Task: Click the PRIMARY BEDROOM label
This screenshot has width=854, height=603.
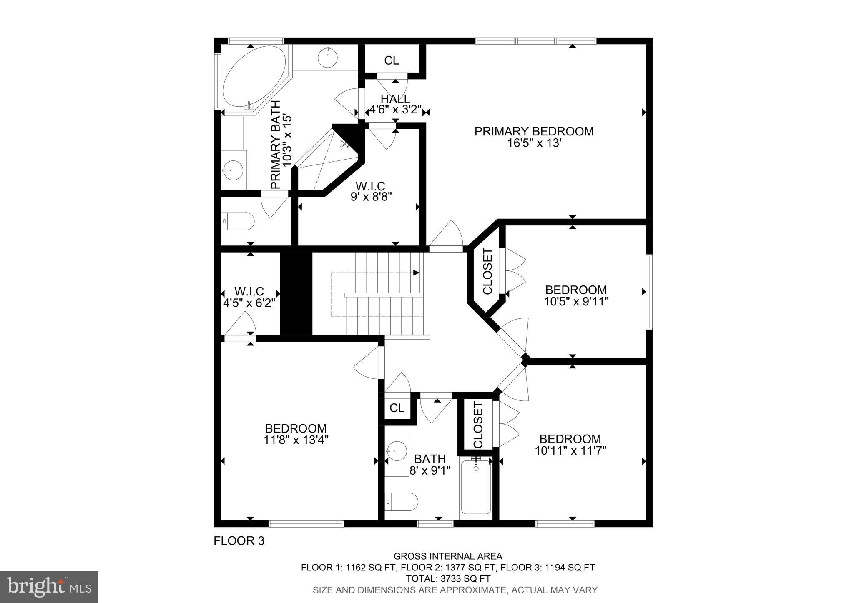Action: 534,131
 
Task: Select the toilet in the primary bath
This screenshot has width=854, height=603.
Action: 238,222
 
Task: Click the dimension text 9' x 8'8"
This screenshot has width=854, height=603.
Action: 371,196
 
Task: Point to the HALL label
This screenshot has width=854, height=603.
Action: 395,99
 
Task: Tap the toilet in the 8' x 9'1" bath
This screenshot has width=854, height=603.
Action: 401,502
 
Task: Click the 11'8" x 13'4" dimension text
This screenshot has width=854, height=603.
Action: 296,440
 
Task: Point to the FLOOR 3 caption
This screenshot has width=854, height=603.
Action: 239,541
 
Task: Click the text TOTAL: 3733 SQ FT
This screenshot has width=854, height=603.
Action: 448,579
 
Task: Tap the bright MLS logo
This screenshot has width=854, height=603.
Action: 49,587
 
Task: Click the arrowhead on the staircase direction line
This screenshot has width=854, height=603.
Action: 416,273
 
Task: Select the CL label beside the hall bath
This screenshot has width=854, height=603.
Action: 397,408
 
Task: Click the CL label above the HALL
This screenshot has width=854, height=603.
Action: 391,61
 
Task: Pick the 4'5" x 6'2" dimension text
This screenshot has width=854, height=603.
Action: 249,303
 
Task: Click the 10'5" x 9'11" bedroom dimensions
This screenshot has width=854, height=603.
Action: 576,301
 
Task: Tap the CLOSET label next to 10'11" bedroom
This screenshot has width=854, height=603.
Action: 478,425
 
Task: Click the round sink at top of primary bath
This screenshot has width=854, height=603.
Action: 328,58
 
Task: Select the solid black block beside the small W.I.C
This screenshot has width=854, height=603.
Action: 296,293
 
